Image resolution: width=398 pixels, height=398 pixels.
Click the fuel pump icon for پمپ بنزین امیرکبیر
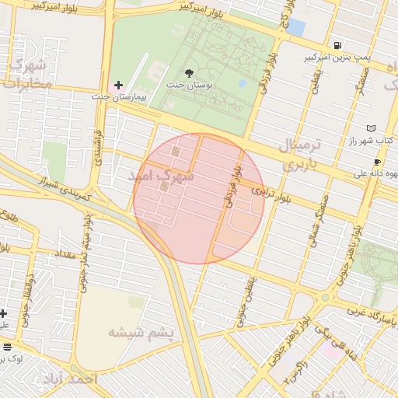click(337, 45)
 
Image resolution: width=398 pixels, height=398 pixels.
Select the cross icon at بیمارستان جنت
click(118, 85)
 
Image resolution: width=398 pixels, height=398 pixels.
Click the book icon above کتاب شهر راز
click(371, 128)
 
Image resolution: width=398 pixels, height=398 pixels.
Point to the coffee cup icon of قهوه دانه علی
click(378, 162)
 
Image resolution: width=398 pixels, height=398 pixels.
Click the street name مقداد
click(65, 254)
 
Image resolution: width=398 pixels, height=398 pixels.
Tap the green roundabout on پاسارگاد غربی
click(326, 297)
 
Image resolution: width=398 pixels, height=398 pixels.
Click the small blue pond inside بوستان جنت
click(243, 83)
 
